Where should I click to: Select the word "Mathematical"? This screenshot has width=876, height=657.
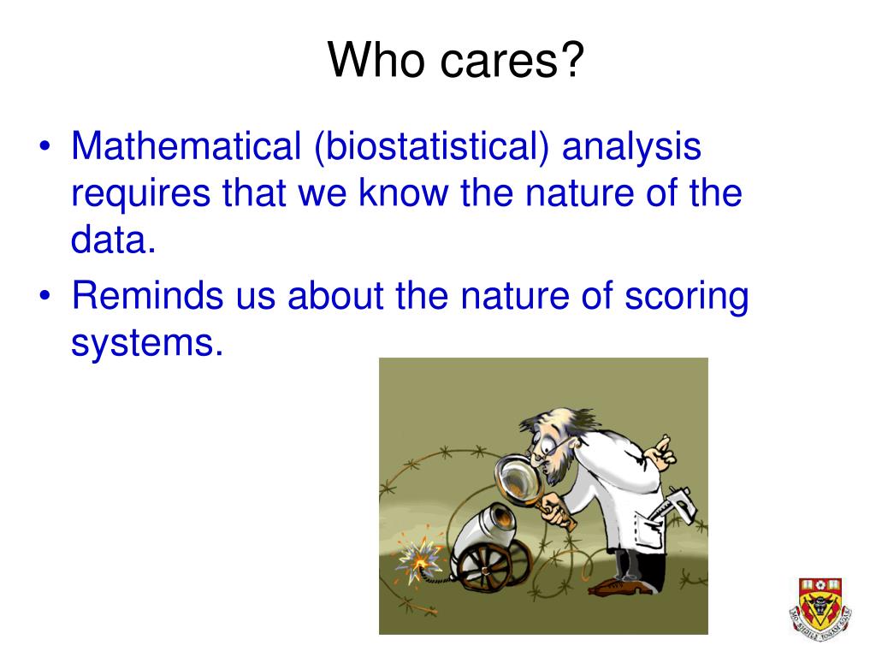tap(186, 145)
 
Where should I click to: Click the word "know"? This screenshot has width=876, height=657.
tap(404, 192)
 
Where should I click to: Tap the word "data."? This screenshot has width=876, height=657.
tap(114, 240)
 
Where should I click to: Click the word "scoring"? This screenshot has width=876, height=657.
tap(687, 298)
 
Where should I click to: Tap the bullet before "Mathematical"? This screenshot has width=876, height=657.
tap(44, 146)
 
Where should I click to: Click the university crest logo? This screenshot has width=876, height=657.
tap(820, 609)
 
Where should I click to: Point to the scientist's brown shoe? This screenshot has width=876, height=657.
tap(619, 587)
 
